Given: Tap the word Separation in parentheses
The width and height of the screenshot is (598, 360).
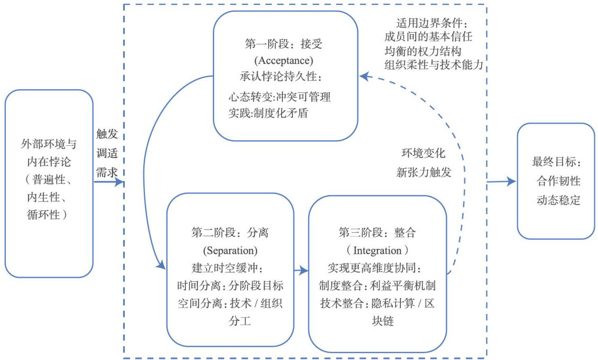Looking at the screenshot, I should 230,249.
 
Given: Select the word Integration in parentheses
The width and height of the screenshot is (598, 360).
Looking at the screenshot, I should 377,249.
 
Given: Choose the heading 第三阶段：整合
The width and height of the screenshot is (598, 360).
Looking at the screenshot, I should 377,232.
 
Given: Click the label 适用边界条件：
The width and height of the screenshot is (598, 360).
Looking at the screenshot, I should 432,23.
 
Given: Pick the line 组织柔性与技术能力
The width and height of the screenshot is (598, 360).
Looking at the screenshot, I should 435,66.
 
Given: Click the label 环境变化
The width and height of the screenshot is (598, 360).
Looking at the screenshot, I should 423,154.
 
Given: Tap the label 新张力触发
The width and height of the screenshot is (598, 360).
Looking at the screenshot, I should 423,172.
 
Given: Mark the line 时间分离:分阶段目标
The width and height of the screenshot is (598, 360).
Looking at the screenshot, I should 230,285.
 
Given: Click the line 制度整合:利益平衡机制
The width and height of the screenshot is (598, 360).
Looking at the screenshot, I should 377,285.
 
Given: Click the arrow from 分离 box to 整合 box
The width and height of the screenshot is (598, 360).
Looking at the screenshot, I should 301,271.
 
